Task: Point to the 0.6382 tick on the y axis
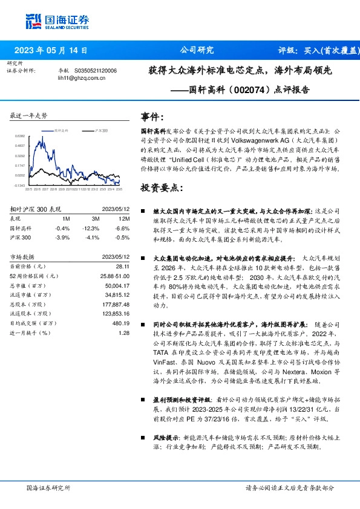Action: click(20, 137)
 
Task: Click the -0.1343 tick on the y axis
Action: click(20, 186)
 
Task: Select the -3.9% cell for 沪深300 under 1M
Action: click(62, 237)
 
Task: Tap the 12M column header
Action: click(124, 219)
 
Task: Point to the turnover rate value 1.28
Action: click(124, 332)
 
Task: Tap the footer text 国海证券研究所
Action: click(49, 488)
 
